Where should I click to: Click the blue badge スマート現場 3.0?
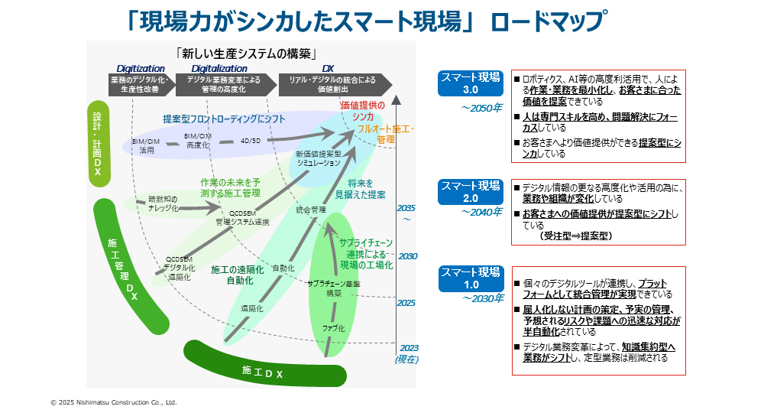coord(471,83)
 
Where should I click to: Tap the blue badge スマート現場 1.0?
coord(471,278)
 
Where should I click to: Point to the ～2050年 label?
coord(481,108)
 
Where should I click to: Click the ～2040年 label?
coord(481,212)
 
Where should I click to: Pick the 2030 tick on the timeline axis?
coord(406,256)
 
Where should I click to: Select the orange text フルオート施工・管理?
coord(385,135)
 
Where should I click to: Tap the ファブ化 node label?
coord(334,328)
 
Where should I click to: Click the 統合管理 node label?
coord(311,209)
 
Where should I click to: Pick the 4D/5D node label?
coord(251,141)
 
